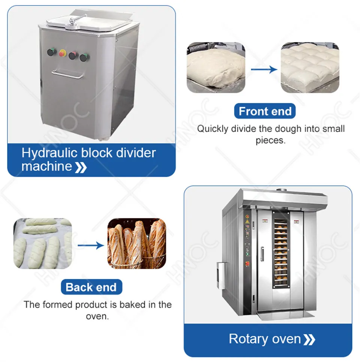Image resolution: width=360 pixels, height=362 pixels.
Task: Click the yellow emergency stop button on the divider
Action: pyautogui.click(x=62, y=53)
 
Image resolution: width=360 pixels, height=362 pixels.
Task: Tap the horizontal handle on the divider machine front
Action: pyautogui.click(x=67, y=74)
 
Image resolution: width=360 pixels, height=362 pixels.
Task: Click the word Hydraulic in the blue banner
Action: pyautogui.click(x=49, y=153)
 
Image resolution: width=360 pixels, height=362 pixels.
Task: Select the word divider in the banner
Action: pyautogui.click(x=136, y=153)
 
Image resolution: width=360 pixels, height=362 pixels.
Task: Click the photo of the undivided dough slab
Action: pyautogui.click(x=216, y=67)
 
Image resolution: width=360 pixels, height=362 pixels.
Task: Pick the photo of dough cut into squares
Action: pyautogui.click(x=310, y=67)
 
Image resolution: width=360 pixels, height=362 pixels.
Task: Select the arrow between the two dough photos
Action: pyautogui.click(x=264, y=69)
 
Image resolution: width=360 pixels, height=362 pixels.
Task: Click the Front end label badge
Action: pyautogui.click(x=265, y=111)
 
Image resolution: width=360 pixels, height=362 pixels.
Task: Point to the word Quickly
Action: pyautogui.click(x=213, y=129)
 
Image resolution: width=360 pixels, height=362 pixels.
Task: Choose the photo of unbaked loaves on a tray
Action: pyautogui.click(x=43, y=243)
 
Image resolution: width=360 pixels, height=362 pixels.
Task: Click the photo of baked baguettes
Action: pyautogui.click(x=137, y=243)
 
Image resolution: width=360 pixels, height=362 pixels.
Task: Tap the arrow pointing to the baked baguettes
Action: pyautogui.click(x=91, y=245)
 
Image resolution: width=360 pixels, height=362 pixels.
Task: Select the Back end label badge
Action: pyautogui.click(x=91, y=287)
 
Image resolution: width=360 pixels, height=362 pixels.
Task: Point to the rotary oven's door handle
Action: pyautogui.click(x=262, y=254)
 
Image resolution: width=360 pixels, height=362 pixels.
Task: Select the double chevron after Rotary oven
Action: pyautogui.click(x=309, y=340)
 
